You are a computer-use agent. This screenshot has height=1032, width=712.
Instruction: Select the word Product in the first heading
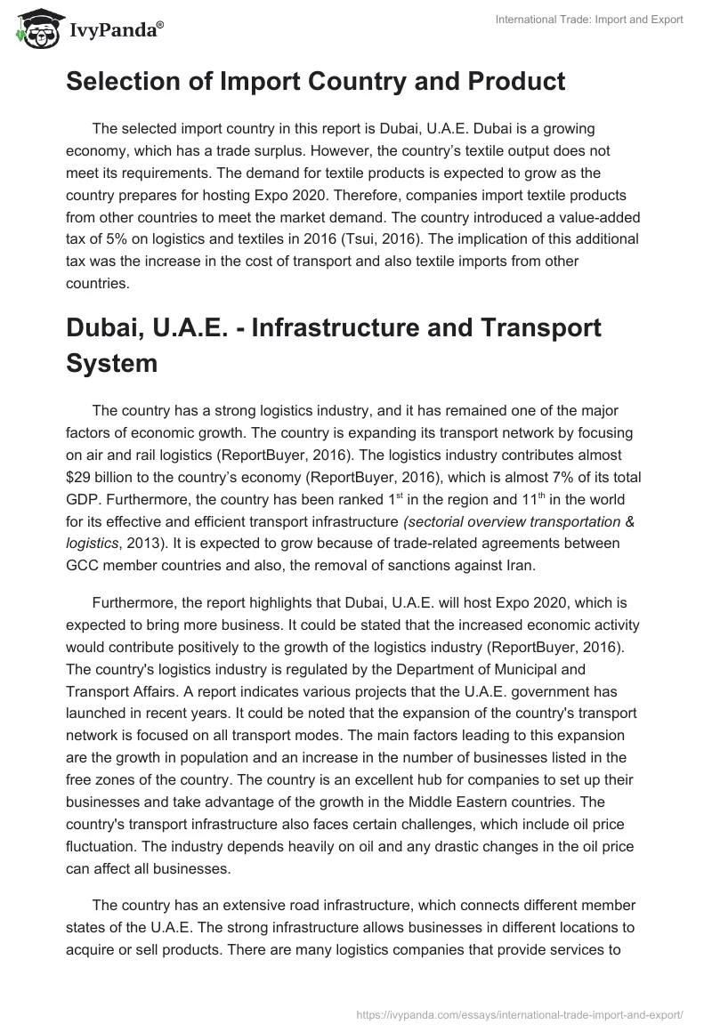pyautogui.click(x=505, y=81)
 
